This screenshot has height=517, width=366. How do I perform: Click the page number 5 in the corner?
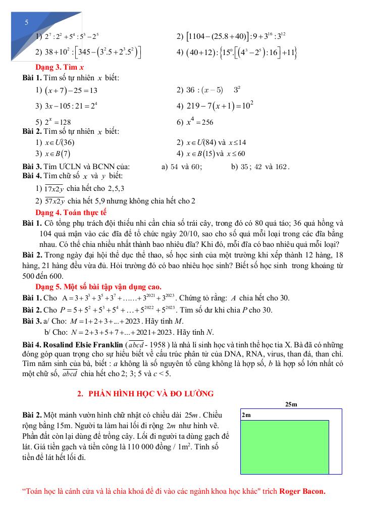[26, 23]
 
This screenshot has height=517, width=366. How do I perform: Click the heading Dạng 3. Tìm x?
[56, 68]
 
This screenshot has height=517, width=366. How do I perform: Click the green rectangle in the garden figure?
[284, 447]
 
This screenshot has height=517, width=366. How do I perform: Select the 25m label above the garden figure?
[291, 404]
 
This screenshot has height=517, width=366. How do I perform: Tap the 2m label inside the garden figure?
[247, 415]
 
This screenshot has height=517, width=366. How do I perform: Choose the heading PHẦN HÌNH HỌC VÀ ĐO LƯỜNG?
[145, 393]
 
